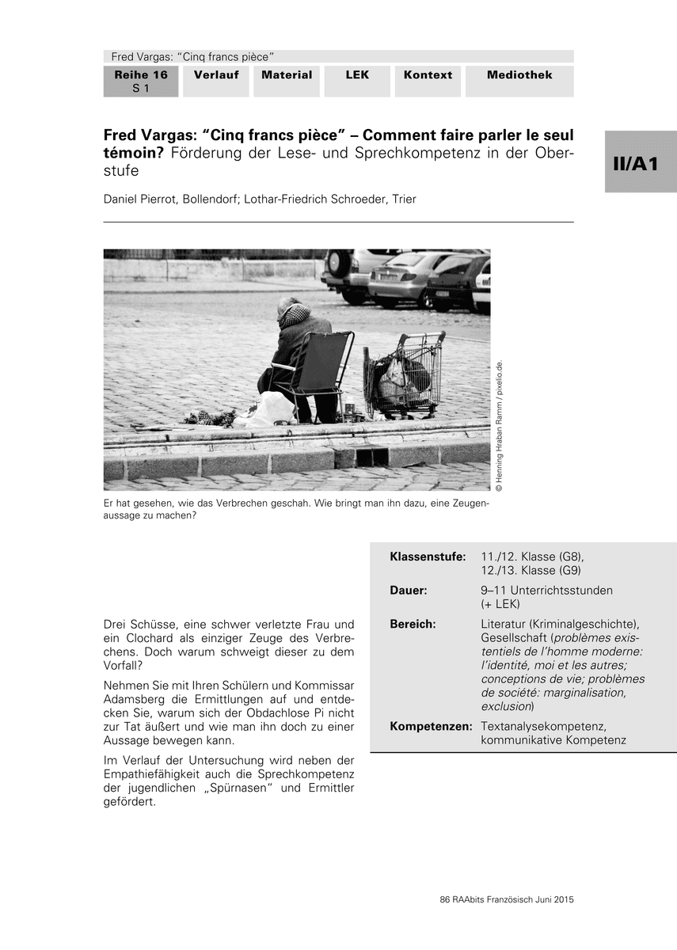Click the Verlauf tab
216,75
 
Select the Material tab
287,75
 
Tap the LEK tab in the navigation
357,75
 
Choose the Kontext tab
428,75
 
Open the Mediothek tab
519,75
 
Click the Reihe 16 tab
141,81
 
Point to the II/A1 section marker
641,162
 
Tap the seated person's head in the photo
291,313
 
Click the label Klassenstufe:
428,557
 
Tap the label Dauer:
409,591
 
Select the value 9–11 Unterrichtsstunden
546,591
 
